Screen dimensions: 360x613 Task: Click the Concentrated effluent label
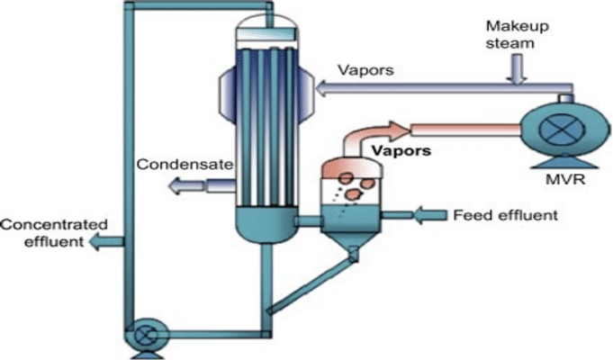[x=54, y=232]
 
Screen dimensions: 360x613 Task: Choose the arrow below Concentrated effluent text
[x=107, y=240]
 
